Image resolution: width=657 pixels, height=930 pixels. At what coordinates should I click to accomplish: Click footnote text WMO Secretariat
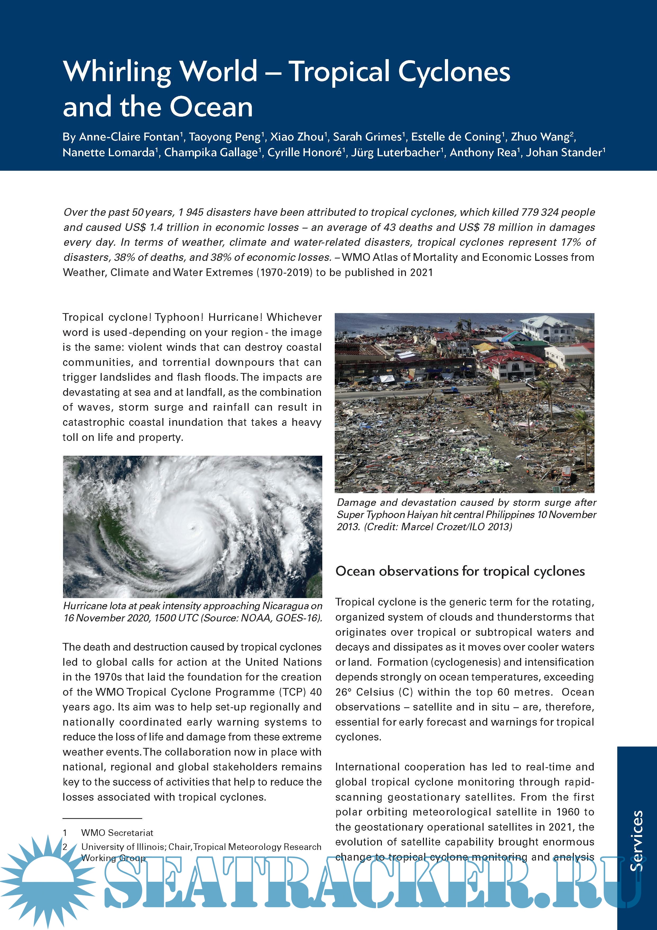coord(117,833)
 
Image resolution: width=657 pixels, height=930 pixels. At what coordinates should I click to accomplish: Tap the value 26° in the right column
coord(343,692)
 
